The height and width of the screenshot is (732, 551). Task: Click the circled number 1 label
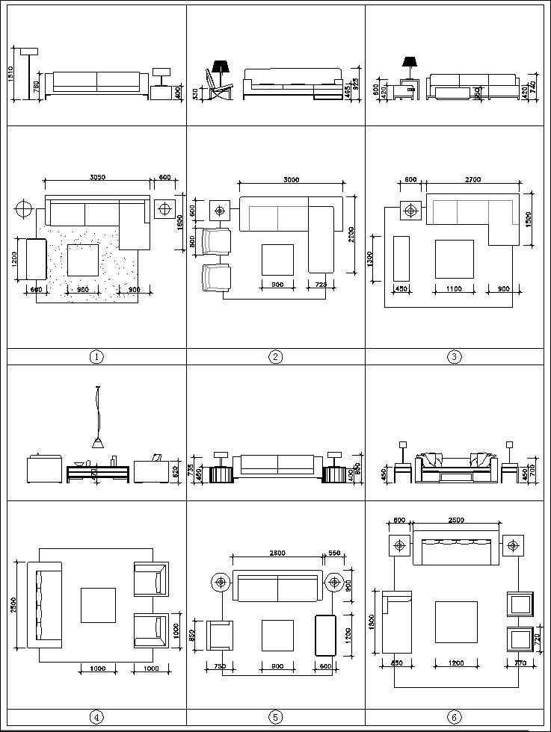click(96, 357)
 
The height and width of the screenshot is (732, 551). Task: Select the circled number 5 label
click(275, 717)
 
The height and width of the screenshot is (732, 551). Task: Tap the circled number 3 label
click(455, 357)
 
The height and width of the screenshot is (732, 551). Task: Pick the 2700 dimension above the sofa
click(472, 179)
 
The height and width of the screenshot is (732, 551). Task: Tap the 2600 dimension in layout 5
click(277, 553)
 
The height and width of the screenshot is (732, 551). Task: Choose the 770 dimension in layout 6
click(521, 663)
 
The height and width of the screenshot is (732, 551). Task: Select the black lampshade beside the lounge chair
click(221, 66)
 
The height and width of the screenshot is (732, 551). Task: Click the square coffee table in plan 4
click(98, 605)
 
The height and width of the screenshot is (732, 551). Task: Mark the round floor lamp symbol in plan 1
click(23, 208)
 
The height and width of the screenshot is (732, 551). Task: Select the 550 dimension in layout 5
click(335, 553)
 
